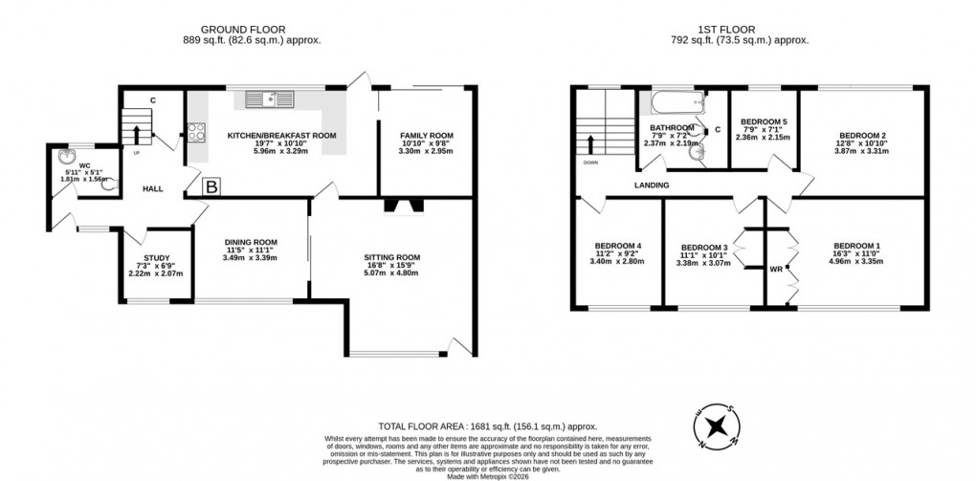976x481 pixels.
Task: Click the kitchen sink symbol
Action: (x=274, y=98)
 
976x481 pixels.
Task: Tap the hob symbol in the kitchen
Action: (x=197, y=133)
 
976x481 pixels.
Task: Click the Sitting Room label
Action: (x=392, y=257)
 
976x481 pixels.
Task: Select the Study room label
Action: (x=156, y=257)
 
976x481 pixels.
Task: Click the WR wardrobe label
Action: (x=777, y=269)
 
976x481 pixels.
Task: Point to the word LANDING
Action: (x=650, y=185)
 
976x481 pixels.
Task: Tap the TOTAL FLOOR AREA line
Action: (x=486, y=426)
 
